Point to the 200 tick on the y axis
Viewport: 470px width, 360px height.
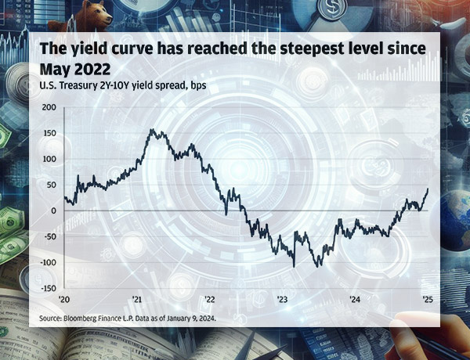[x=49, y=107]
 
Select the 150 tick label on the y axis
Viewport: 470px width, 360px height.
[x=49, y=133]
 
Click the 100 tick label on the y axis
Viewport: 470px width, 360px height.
[x=49, y=159]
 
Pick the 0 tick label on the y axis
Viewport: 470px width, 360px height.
[x=54, y=211]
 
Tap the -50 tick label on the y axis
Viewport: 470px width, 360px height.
[x=49, y=236]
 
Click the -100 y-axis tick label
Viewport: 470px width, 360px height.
[x=47, y=261]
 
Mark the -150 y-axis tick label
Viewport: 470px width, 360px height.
[x=47, y=287]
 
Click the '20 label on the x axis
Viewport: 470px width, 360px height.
[x=66, y=299]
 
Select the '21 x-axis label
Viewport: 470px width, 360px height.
[x=138, y=299]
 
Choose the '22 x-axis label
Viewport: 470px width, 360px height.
[x=210, y=299]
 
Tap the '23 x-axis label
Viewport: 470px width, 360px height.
[x=283, y=299]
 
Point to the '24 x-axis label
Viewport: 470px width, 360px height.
[x=355, y=299]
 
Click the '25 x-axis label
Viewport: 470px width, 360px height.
[x=427, y=299]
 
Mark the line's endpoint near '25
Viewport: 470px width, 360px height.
[x=428, y=189]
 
